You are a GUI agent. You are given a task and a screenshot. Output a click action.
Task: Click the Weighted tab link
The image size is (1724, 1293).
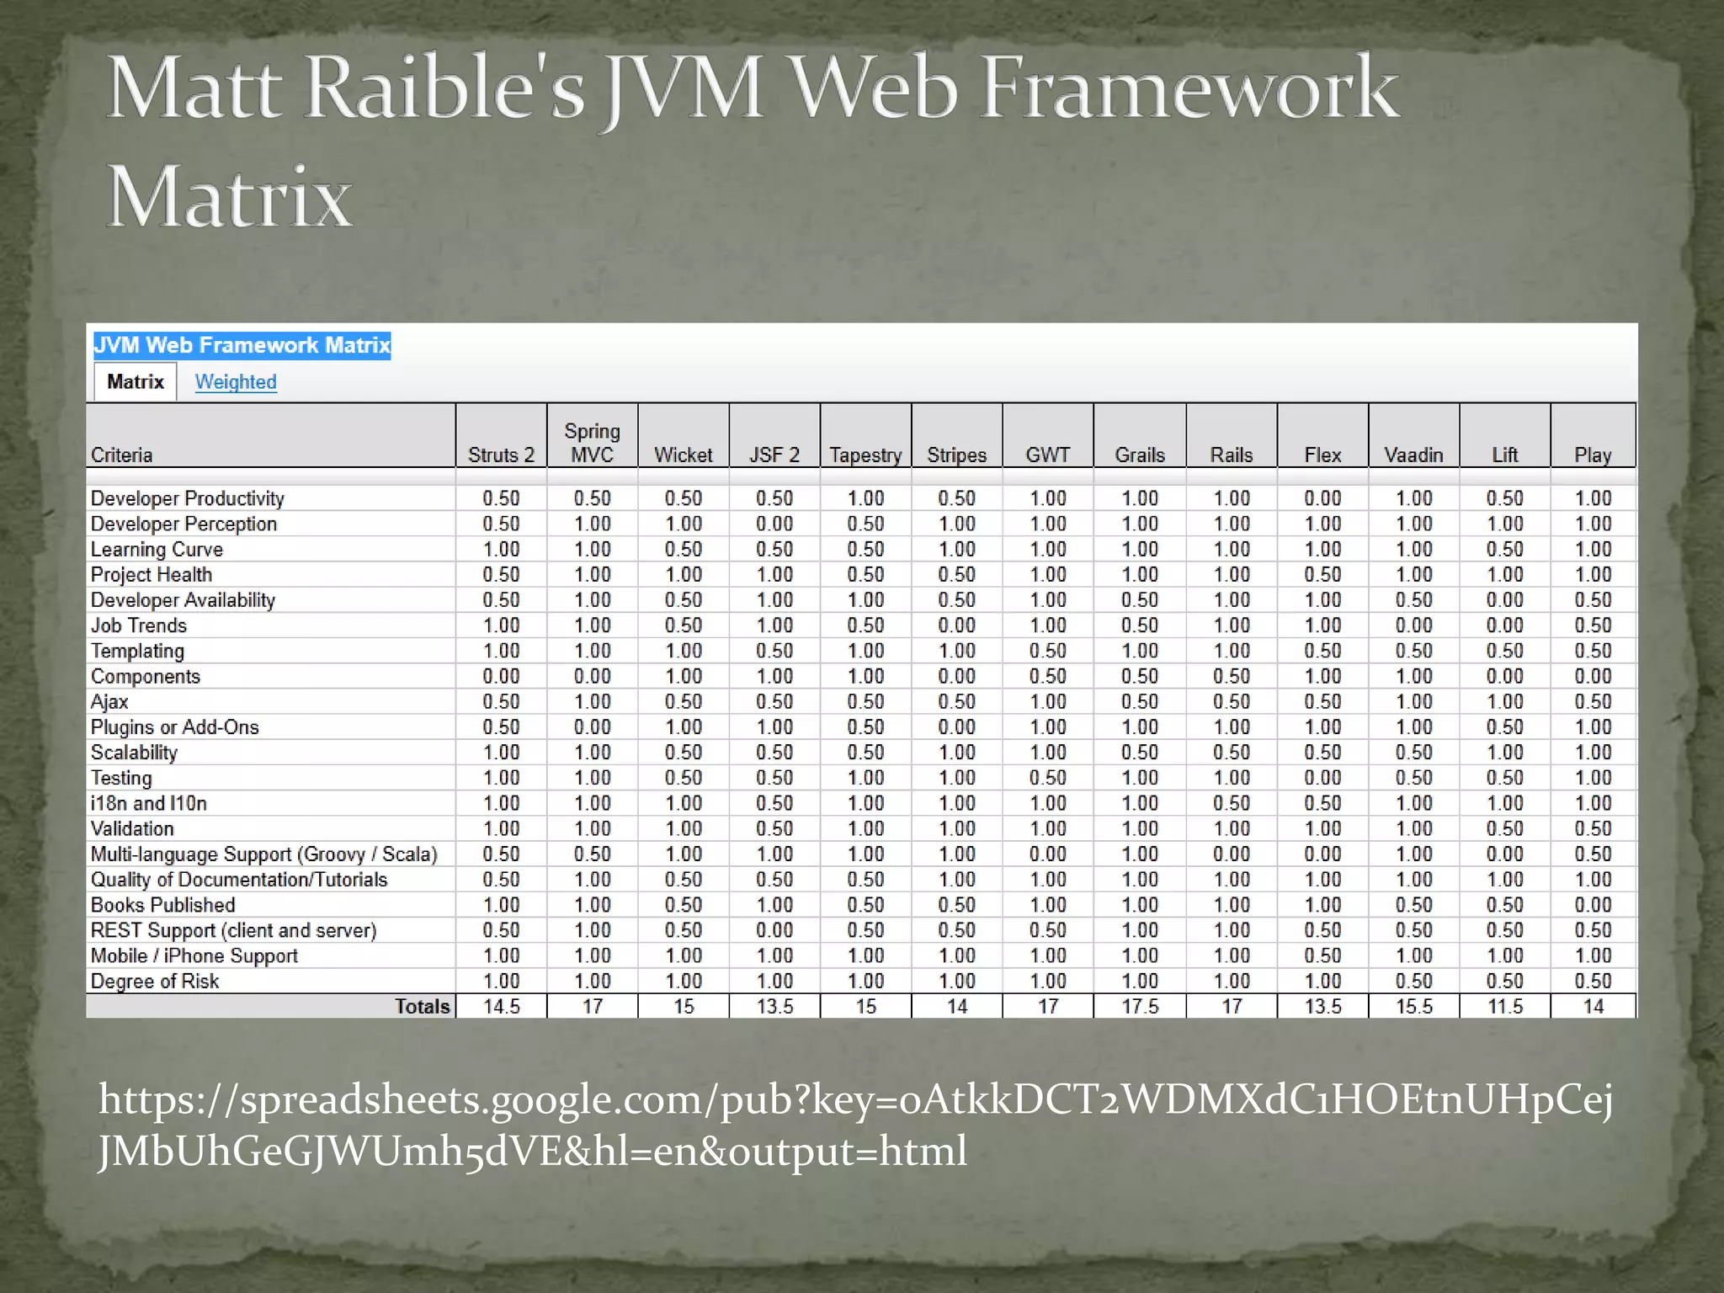click(236, 382)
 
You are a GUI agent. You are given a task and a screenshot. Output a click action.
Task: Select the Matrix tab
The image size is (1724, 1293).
click(135, 382)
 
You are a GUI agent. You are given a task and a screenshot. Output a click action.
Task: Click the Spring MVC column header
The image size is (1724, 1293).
click(593, 443)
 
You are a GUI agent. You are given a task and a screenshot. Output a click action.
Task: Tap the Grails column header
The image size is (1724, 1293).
click(1140, 455)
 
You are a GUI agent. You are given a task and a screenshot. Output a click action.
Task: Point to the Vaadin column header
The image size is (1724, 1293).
click(1413, 455)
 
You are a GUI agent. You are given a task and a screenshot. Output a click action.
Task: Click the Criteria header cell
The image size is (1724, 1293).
click(122, 455)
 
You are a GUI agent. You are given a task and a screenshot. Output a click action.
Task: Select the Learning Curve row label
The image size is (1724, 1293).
click(157, 550)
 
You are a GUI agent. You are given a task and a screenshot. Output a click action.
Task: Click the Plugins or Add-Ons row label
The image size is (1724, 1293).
click(175, 727)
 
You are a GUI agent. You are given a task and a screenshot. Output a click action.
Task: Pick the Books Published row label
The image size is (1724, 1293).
click(163, 905)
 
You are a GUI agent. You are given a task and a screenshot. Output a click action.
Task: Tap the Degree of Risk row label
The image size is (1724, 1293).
click(155, 982)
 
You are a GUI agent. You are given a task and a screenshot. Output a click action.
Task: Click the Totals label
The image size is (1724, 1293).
click(423, 1007)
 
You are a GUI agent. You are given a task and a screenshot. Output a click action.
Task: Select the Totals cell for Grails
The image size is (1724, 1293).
click(1140, 1007)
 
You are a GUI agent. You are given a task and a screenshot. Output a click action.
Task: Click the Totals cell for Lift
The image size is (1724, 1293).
click(1505, 1007)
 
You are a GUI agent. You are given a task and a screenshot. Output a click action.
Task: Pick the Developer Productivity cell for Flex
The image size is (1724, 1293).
click(1322, 498)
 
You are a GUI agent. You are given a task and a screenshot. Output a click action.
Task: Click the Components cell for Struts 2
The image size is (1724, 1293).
click(501, 677)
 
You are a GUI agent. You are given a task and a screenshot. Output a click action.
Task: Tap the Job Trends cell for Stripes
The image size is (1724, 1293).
click(957, 625)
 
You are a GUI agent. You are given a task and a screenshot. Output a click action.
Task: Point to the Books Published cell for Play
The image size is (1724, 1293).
click(1593, 905)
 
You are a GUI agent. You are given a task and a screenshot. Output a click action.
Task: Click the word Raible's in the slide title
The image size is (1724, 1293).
click(444, 88)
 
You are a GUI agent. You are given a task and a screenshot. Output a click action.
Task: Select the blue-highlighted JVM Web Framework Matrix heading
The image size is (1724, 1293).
click(242, 345)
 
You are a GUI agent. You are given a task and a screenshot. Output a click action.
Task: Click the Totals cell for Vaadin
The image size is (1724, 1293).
click(1413, 1007)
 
